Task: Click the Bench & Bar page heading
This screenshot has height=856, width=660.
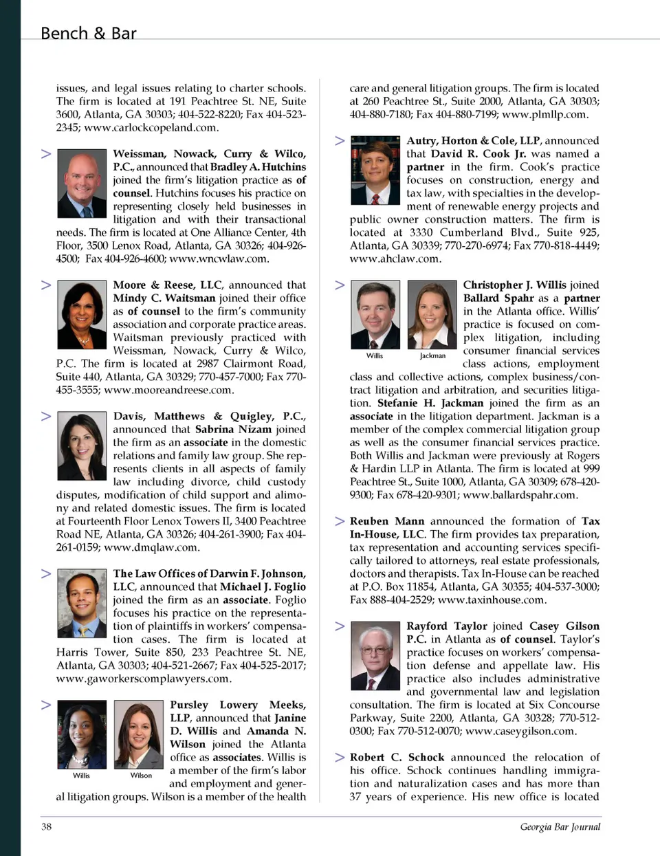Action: click(88, 33)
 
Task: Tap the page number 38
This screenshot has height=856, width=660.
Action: click(46, 826)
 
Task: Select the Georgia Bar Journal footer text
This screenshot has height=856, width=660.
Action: click(560, 826)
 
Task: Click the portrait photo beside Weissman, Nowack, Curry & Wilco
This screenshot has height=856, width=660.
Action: click(82, 184)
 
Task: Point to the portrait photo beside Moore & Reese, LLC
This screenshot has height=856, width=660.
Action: click(82, 315)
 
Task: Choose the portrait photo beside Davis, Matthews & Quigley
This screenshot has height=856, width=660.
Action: click(82, 446)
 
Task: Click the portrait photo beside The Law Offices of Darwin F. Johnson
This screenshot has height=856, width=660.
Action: click(82, 604)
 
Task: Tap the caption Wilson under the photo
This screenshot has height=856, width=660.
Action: click(141, 776)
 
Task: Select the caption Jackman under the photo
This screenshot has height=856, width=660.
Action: click(432, 356)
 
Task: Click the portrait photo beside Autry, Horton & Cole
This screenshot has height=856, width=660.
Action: click(375, 170)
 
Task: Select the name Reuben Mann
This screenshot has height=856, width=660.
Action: click(386, 521)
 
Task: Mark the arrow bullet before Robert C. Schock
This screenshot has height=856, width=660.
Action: click(340, 757)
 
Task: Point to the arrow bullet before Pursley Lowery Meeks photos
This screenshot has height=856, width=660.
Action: click(46, 705)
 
